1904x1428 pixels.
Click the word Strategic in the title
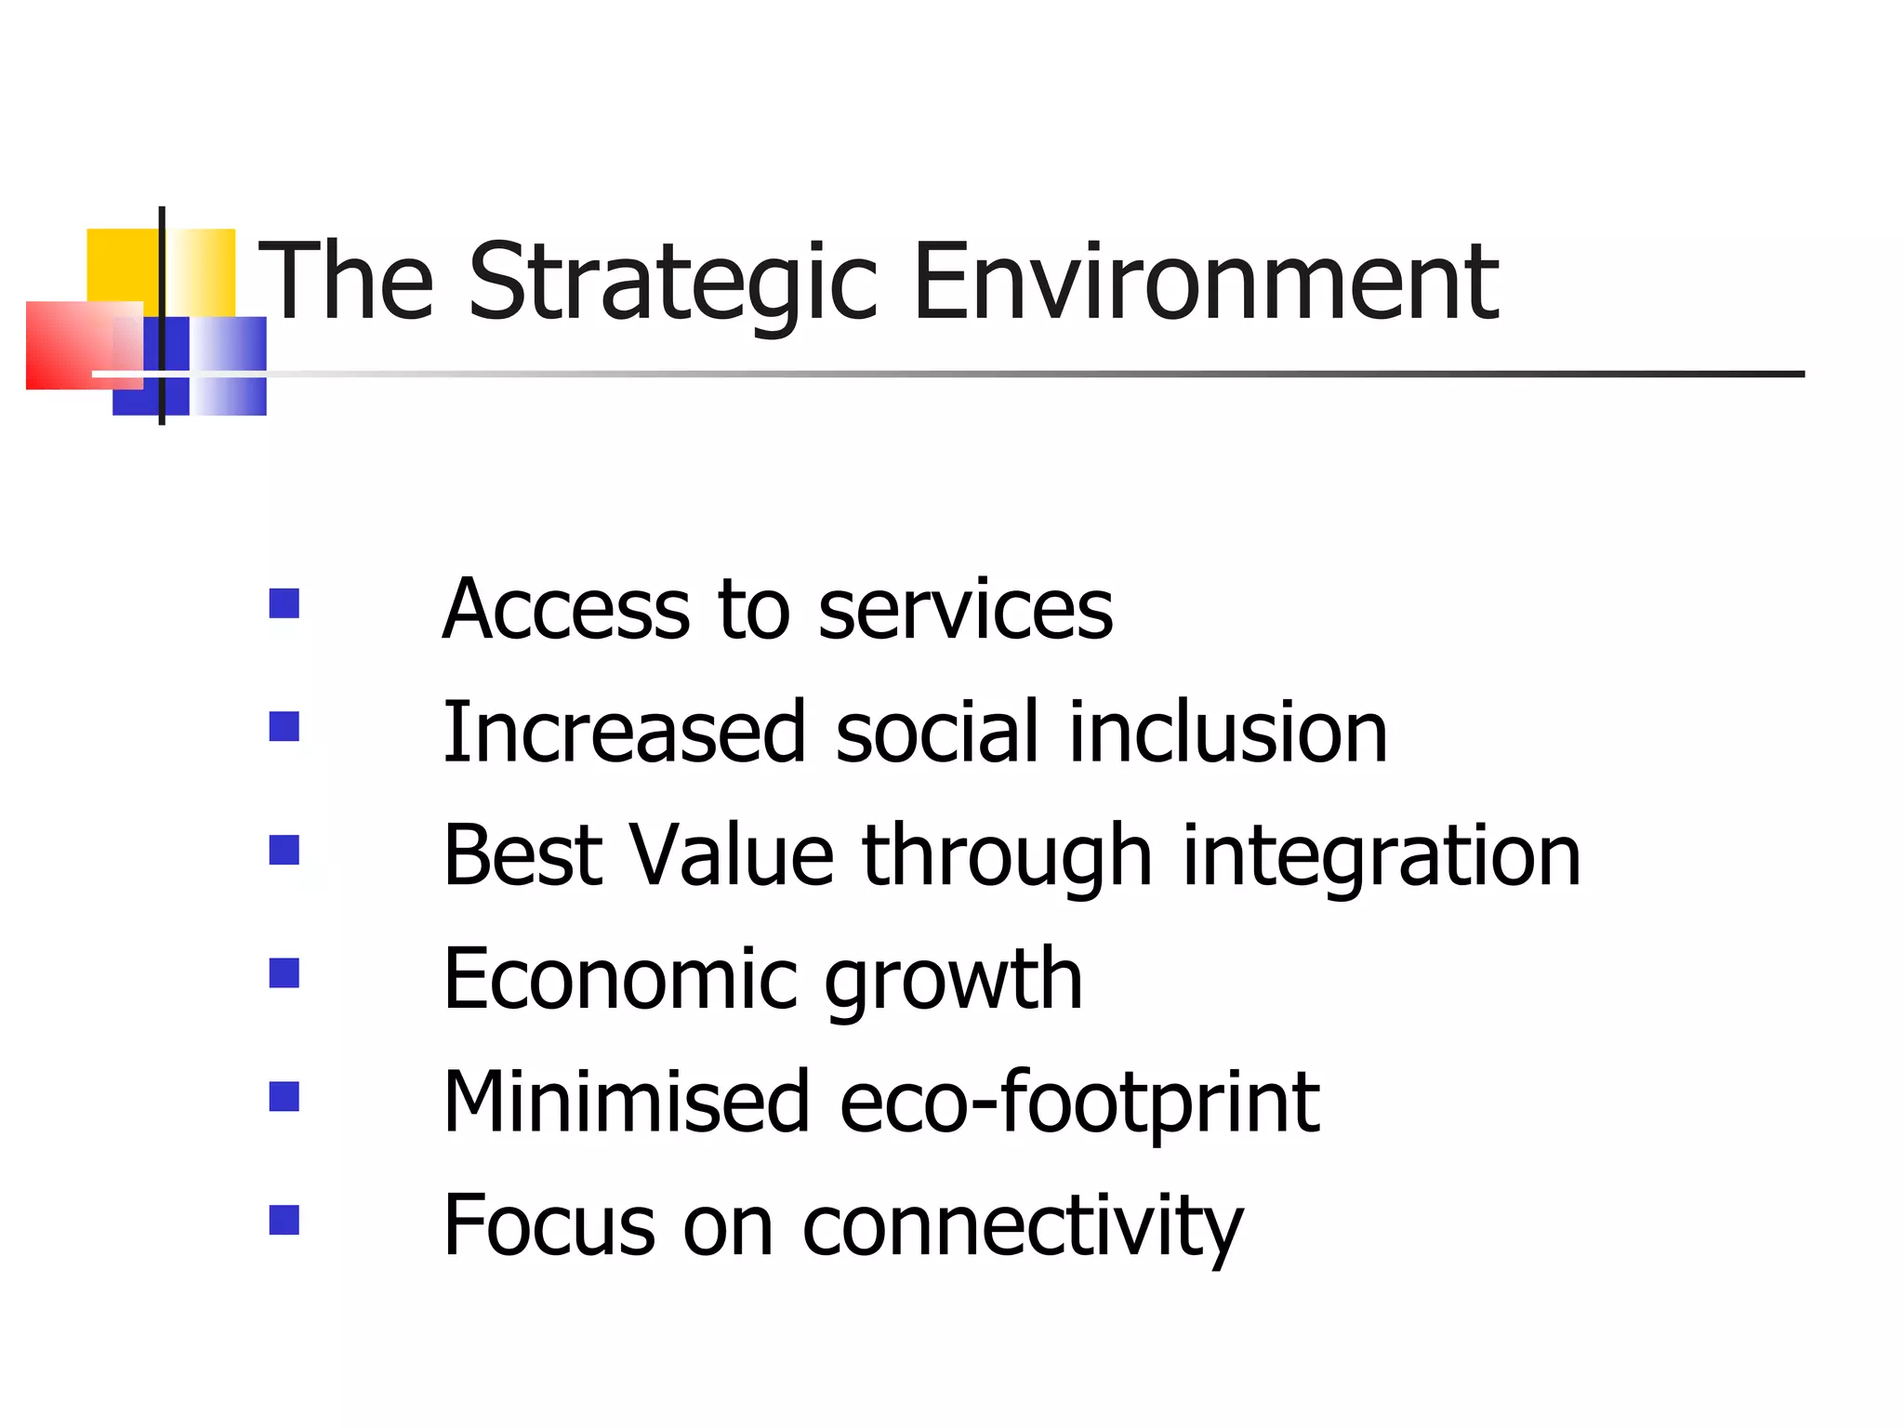673,284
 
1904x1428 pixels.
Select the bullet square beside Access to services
284,603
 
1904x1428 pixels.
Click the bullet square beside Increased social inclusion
284,726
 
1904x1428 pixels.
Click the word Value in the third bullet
732,855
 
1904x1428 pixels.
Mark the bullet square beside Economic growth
284,973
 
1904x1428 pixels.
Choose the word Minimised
627,1102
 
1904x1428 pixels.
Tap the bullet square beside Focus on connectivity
284,1220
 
